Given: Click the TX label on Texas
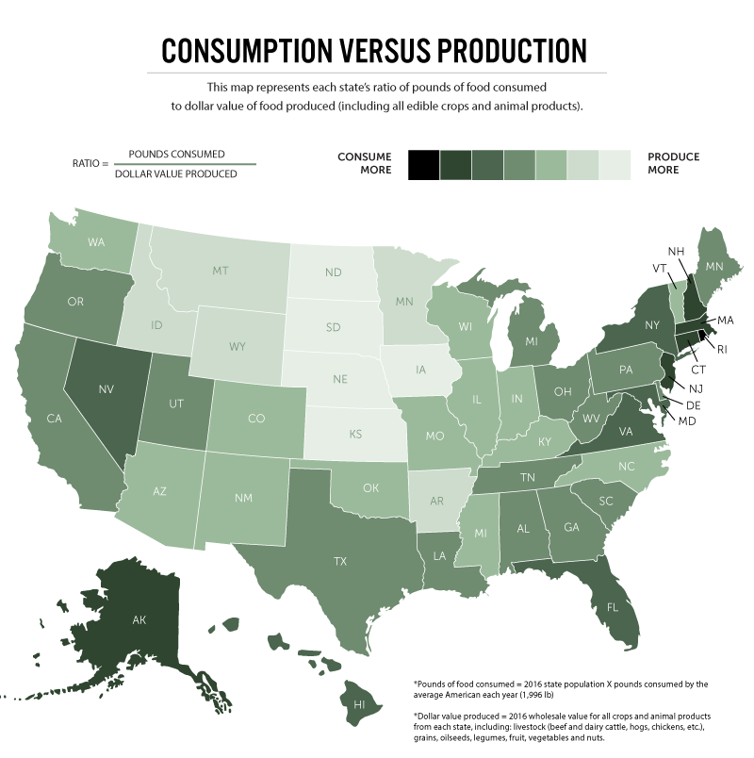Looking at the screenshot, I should [339, 560].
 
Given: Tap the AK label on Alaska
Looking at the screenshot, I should [138, 620].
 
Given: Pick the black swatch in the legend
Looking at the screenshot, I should [422, 164].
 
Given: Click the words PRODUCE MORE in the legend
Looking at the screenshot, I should [674, 164].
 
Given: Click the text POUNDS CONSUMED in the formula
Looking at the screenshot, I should [176, 154].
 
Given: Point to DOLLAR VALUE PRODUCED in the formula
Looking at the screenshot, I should [175, 174].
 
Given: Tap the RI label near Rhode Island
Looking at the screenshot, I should [722, 349].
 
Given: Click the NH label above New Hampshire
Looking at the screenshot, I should [676, 252].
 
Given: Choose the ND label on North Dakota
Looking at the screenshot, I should [333, 272].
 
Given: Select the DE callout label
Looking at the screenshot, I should [693, 404].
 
